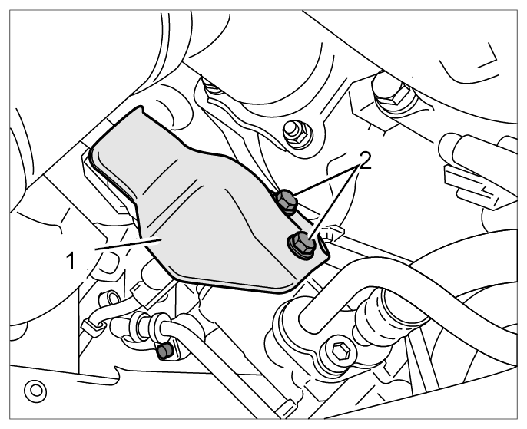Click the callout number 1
pyautogui.click(x=71, y=261)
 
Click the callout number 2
pyautogui.click(x=366, y=160)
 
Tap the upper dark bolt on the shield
pyautogui.click(x=287, y=201)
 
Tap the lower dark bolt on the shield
pyautogui.click(x=302, y=244)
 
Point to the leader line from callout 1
pyautogui.click(x=129, y=244)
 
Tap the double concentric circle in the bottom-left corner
pyautogui.click(x=35, y=391)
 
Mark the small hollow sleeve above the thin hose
pyautogui.click(x=111, y=298)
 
